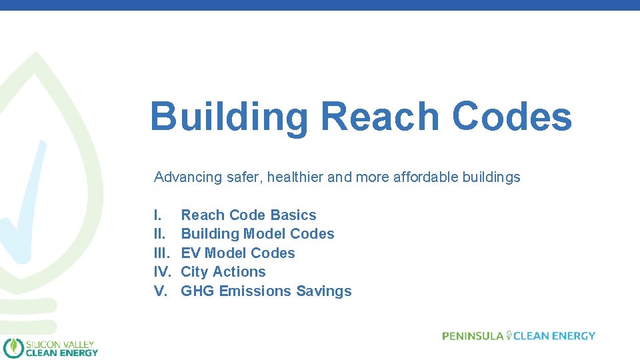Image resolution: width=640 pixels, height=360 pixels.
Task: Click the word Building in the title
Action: click(229, 117)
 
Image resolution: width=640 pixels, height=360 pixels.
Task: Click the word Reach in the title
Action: click(380, 116)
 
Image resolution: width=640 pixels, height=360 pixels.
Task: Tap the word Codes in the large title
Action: click(511, 116)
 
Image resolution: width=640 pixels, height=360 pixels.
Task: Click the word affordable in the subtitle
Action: click(423, 177)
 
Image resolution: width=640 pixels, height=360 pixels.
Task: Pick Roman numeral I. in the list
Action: click(157, 215)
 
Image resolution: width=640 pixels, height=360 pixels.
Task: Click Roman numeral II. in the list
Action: click(159, 234)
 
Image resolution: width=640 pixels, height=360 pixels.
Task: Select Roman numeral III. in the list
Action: click(161, 253)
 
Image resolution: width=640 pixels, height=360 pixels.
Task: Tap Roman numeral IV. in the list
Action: click(163, 272)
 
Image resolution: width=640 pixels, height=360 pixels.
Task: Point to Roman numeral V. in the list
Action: click(160, 291)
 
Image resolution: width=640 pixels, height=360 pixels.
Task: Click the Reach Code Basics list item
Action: click(249, 215)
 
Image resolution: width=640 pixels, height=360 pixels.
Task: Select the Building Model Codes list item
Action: click(257, 234)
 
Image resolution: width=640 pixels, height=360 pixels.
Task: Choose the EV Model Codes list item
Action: click(238, 253)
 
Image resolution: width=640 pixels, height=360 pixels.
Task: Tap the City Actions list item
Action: click(223, 272)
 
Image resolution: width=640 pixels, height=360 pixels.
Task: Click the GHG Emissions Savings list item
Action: click(266, 291)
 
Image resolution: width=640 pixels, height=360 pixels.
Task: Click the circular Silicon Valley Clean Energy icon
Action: click(13, 347)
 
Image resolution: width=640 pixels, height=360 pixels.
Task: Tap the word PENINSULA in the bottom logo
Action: click(473, 336)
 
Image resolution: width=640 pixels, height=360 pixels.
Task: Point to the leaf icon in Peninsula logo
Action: click(509, 335)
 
